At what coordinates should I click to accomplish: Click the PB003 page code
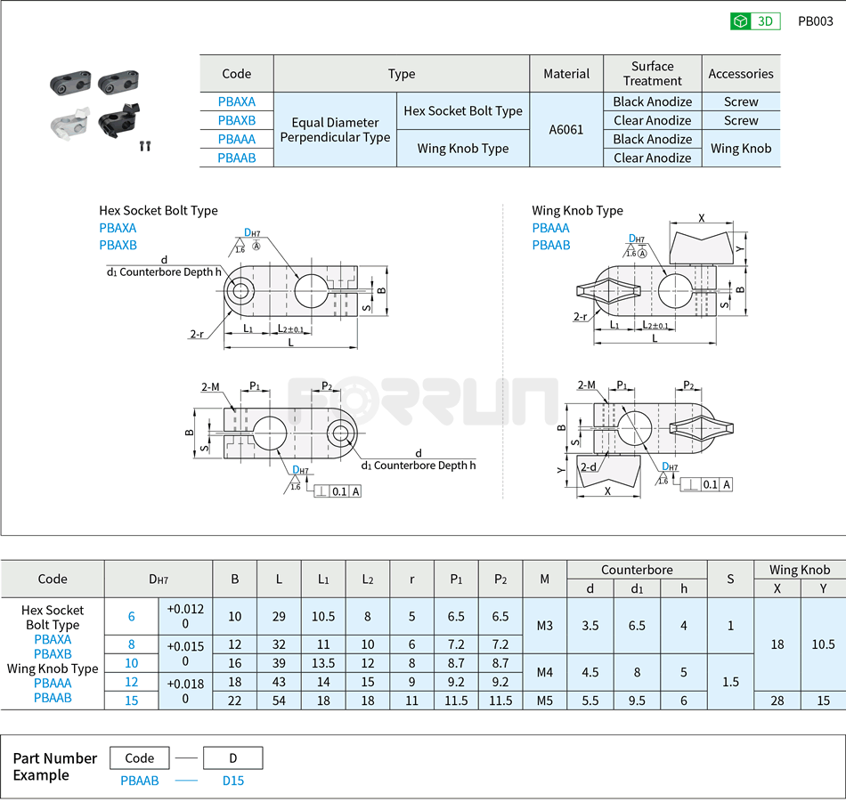click(815, 21)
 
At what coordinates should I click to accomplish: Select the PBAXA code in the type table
click(236, 101)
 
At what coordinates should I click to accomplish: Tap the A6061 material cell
click(566, 129)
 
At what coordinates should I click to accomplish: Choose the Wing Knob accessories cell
click(741, 148)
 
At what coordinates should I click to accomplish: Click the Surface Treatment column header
click(652, 73)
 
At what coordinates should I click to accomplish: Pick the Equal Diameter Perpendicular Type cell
click(335, 130)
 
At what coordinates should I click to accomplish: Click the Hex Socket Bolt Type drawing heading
click(159, 211)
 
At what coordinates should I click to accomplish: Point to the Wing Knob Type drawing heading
click(577, 211)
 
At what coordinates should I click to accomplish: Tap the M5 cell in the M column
click(544, 701)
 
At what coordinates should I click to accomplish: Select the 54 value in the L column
click(279, 701)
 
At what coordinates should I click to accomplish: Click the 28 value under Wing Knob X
click(777, 701)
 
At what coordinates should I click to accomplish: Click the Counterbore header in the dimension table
click(637, 570)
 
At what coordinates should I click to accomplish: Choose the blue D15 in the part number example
click(232, 781)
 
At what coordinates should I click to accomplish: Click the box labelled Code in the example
click(140, 758)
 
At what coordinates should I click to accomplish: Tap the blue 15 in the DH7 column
click(131, 701)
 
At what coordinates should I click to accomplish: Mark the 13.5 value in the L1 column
click(323, 663)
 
